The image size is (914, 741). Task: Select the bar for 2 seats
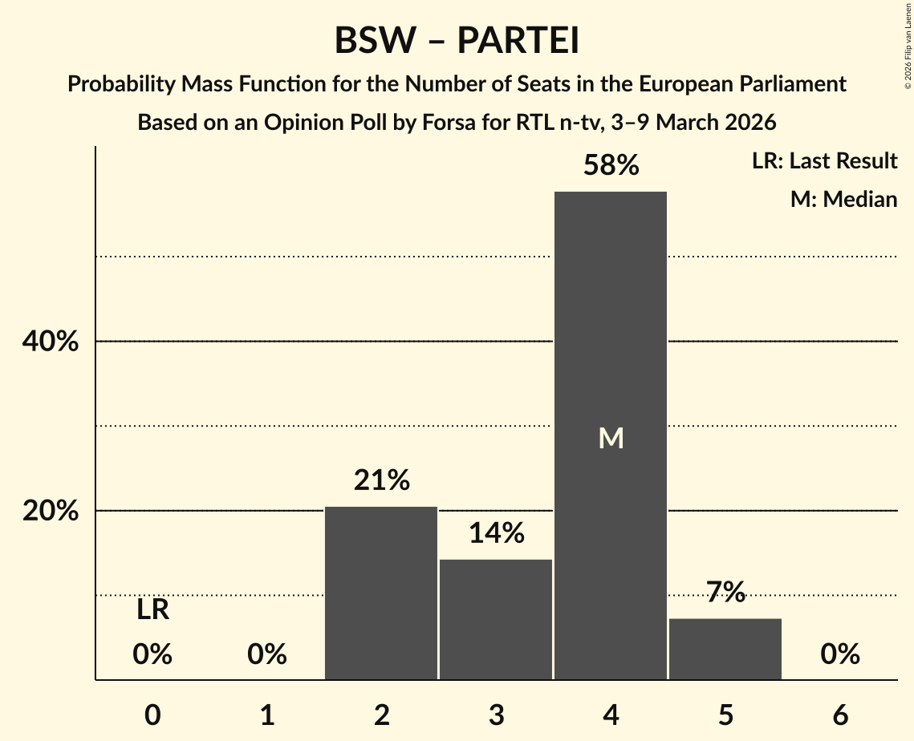pos(381,593)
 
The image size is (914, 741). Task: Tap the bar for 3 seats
pos(496,619)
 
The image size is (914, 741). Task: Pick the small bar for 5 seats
pos(725,649)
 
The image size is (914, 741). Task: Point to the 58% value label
pos(611,165)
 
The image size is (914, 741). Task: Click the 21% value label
pos(381,480)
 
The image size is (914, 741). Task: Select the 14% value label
pos(496,532)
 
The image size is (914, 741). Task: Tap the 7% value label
pos(725,592)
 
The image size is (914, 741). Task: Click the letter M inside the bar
pos(611,438)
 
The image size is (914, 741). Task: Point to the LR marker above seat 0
pos(152,610)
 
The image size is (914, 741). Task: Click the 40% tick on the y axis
pos(50,342)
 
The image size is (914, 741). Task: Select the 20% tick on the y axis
pos(50,511)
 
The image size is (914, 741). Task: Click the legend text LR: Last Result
pos(824,161)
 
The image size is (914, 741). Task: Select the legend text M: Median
pos(843,199)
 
